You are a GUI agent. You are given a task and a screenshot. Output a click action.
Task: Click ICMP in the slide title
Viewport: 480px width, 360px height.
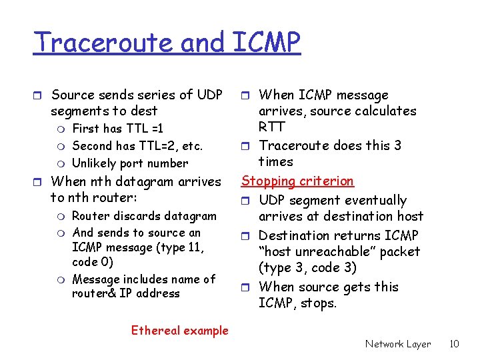[267, 43]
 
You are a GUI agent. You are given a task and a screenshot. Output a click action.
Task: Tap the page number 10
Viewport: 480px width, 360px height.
[454, 344]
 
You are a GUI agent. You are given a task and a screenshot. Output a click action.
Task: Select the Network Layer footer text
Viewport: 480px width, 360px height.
[398, 344]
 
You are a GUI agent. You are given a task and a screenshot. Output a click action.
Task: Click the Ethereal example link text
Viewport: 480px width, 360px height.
[179, 330]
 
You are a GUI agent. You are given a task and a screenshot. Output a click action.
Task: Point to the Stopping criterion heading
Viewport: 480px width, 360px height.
[297, 181]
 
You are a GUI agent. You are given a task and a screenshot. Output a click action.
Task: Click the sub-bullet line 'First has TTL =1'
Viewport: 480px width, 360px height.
[117, 128]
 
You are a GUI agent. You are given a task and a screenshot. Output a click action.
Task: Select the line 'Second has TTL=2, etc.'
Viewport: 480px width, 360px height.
[137, 145]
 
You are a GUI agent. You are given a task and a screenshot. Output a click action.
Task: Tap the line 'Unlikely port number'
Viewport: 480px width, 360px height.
[130, 163]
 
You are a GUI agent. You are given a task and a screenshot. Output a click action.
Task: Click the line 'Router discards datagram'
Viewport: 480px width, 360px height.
[144, 215]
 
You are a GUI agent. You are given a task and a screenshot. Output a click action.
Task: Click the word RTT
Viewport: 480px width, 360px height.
[272, 127]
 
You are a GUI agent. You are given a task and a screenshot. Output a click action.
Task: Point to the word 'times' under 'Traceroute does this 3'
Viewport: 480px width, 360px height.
[276, 161]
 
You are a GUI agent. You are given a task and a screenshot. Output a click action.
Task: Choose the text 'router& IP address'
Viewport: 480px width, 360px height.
[126, 293]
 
